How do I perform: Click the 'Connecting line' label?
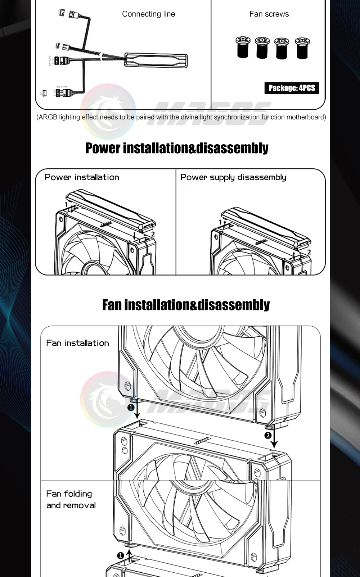pos(148,14)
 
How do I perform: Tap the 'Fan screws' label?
pos(269,14)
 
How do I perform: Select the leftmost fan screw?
pos(243,47)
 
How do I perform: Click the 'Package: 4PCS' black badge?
pos(292,88)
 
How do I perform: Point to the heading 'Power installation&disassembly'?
pos(177,148)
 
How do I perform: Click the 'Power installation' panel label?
pos(82,177)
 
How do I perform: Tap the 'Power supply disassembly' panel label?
pos(233,177)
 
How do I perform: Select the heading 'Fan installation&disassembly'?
pos(186,305)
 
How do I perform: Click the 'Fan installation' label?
pos(77,343)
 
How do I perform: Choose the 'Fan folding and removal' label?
pos(71,499)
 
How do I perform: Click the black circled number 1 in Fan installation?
pos(131,407)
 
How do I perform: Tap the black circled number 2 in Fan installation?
pos(267,436)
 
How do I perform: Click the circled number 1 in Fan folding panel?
pos(121,555)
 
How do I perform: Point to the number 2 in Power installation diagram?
pos(153,234)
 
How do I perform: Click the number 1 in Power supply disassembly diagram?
pos(220,222)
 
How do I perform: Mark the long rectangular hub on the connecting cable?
pos(156,60)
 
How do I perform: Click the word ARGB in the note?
pos(48,117)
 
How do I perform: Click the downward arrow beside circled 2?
pos(274,438)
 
